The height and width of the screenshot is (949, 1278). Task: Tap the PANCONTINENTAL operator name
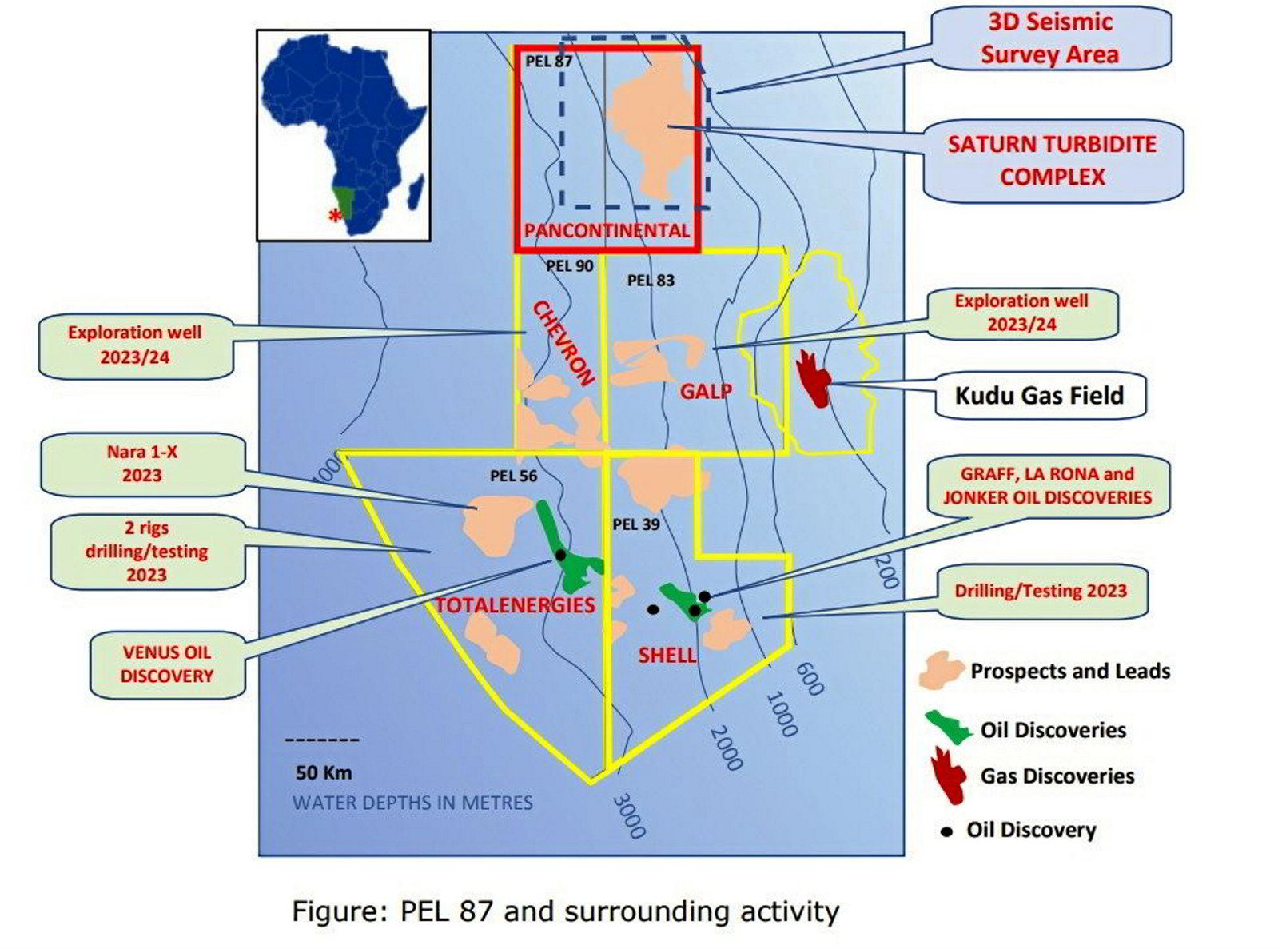pos(607,231)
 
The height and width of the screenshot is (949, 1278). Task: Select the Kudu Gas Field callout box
pos(1039,395)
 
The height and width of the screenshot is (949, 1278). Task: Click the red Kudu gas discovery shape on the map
pos(814,377)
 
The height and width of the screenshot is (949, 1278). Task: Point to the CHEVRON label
pos(564,344)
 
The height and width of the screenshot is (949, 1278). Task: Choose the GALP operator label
pos(706,391)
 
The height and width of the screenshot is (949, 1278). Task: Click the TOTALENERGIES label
pos(515,605)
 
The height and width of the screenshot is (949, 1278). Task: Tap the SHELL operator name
pos(667,656)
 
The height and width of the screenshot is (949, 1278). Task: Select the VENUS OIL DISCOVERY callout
pos(167,664)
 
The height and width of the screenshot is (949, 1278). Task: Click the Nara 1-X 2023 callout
pos(142,464)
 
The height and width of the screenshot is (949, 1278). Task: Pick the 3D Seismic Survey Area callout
pos(1049,38)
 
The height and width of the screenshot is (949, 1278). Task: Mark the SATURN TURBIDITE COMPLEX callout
pos(1052,161)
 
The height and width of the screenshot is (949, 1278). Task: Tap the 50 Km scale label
pos(323,773)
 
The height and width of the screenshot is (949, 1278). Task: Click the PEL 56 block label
pos(513,476)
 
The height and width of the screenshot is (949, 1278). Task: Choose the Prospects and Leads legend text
pos(1069,672)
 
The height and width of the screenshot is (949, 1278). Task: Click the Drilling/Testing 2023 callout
pos(1041,592)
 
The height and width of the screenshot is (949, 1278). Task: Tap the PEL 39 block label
pos(636,524)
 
